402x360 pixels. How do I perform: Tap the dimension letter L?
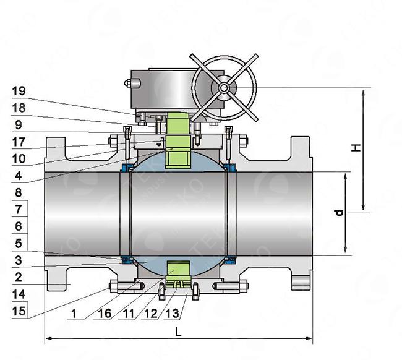click(178, 332)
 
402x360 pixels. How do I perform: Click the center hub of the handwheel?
click(222, 88)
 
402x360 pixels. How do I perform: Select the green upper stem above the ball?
click(177, 139)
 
